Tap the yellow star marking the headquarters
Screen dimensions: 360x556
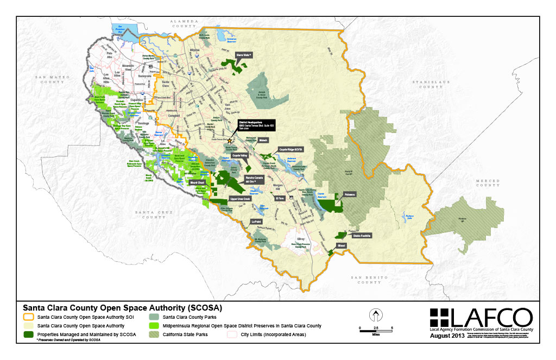(230, 141)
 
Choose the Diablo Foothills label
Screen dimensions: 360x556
(362, 236)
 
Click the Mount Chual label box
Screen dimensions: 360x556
(197, 182)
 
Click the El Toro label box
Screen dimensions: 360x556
(280, 199)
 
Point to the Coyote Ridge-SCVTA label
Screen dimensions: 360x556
(291, 149)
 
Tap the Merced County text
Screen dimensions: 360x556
(472, 184)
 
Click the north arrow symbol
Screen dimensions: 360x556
(374, 315)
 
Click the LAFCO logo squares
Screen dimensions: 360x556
(439, 318)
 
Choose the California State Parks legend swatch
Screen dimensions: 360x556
(155, 334)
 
